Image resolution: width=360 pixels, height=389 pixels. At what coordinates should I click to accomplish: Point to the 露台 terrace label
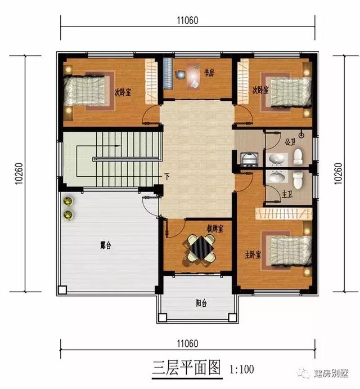105,246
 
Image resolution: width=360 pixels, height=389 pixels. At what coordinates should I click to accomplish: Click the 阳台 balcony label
201,302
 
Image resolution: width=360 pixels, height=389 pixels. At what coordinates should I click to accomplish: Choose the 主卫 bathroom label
287,194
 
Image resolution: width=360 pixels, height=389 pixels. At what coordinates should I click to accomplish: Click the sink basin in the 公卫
275,160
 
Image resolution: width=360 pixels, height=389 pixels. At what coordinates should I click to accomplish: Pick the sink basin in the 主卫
275,178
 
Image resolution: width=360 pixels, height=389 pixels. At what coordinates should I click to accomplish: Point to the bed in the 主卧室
290,249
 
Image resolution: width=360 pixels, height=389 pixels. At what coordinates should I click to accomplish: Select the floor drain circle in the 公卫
301,135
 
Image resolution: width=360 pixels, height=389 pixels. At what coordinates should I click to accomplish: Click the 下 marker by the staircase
167,176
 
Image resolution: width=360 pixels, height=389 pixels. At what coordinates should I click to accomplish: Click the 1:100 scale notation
242,370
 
